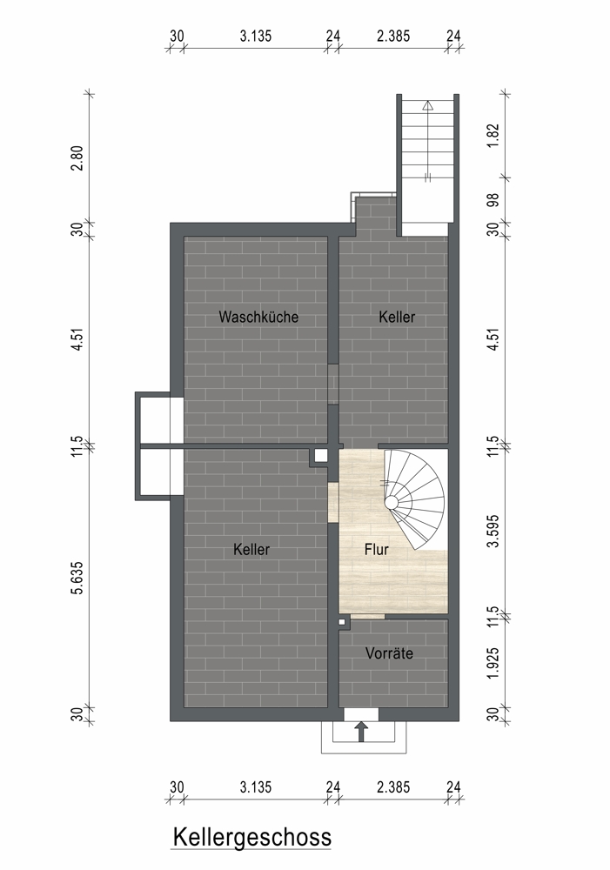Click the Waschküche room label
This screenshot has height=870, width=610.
258,317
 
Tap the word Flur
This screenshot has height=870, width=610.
376,549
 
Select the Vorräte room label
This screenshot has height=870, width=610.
389,653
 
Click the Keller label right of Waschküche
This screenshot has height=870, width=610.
397,317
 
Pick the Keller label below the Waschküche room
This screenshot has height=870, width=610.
251,549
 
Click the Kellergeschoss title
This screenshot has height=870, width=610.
252,837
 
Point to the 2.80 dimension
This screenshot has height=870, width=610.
77,157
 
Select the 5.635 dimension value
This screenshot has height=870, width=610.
77,578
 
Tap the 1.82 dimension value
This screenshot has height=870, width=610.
493,136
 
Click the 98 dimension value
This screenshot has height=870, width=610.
493,200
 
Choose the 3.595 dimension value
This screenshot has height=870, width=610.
493,531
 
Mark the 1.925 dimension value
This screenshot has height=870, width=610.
493,662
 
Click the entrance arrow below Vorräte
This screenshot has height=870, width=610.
361,732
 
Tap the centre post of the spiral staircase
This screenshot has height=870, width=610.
392,503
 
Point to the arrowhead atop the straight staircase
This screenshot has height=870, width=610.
427,105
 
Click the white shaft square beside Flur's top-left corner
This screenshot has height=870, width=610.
321,456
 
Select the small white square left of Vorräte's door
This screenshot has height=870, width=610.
342,622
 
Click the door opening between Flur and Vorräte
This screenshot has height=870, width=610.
367,617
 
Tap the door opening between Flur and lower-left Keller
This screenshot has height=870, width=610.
333,502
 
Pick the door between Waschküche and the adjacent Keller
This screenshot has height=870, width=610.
333,384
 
